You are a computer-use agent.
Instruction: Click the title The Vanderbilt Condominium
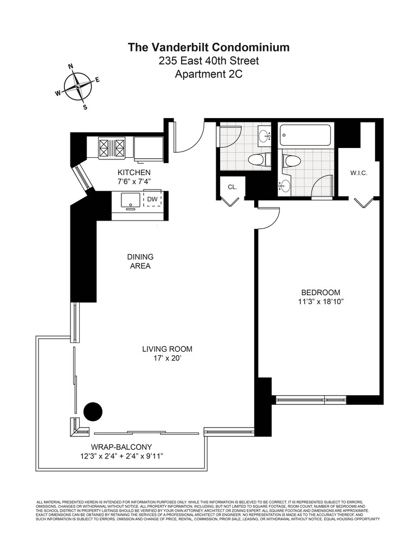(209, 47)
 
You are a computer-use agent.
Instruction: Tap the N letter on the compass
(70, 67)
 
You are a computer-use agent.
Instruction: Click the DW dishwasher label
(153, 199)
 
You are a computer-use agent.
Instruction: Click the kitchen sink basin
(131, 199)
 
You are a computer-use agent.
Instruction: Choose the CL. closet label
(233, 186)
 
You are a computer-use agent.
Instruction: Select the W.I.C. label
(360, 173)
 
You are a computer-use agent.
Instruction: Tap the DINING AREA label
(139, 261)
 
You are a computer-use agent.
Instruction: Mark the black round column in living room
(93, 412)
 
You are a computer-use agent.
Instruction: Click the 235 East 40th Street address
(209, 61)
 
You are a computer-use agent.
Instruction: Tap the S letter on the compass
(85, 107)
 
